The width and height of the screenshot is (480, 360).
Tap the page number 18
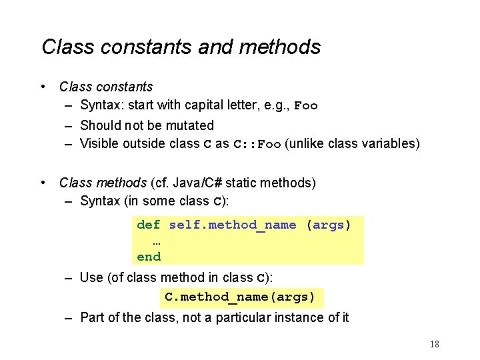click(x=434, y=345)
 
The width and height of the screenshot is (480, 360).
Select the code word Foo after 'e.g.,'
click(x=306, y=105)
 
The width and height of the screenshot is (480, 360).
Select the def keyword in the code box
click(x=148, y=225)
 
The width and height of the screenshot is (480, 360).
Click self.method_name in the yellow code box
click(x=233, y=225)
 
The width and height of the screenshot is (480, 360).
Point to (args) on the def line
click(x=328, y=225)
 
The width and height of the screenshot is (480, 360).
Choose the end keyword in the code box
click(x=148, y=257)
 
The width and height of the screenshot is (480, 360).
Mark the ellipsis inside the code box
click(x=157, y=241)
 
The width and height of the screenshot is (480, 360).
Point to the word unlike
click(x=305, y=143)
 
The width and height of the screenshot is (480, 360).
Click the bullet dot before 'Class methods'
click(x=43, y=182)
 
